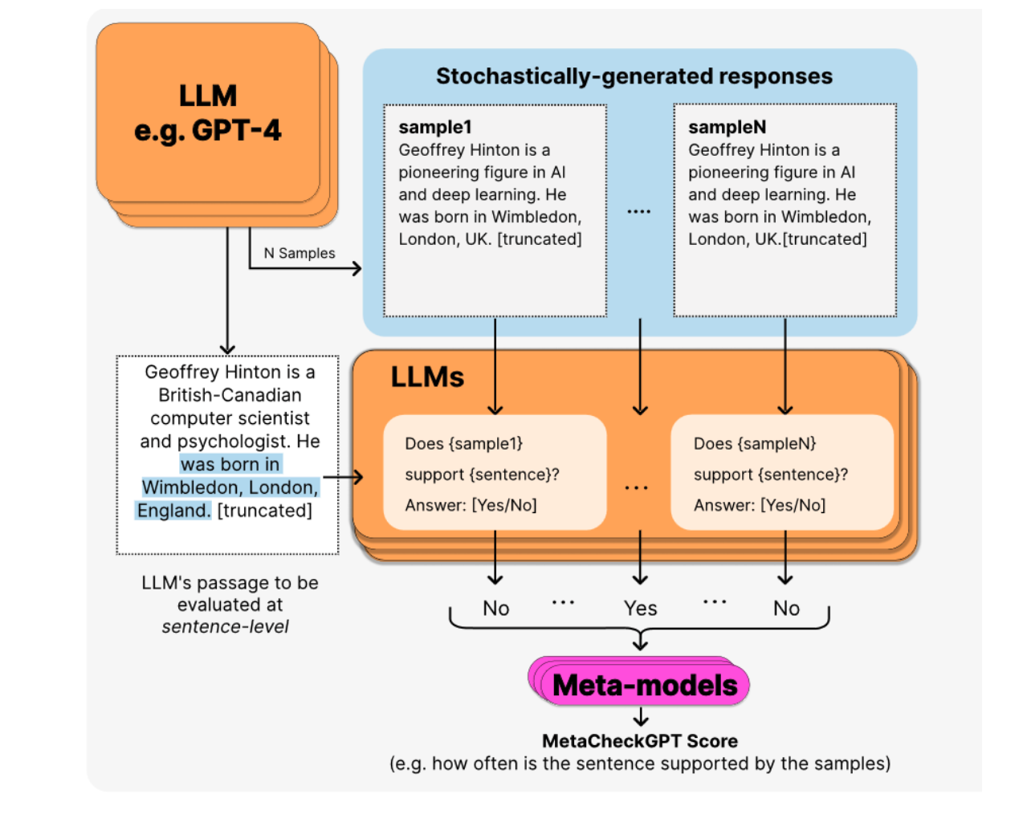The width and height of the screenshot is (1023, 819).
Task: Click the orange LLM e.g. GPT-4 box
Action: (208, 113)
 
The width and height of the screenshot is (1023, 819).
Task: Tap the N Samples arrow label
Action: (300, 253)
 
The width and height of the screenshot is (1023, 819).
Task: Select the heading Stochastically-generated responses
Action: (634, 76)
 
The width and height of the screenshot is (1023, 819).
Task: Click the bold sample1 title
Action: (435, 127)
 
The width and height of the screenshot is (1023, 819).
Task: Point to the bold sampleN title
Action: (727, 127)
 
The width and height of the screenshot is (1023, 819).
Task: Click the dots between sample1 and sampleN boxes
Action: (639, 211)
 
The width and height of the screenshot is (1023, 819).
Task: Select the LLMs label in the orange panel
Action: (427, 377)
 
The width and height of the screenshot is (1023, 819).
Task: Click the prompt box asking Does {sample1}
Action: (495, 473)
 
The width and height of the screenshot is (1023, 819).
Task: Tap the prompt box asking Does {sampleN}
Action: (782, 473)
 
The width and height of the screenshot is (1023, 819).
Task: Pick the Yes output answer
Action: (640, 609)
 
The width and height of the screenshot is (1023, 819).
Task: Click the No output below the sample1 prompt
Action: (495, 609)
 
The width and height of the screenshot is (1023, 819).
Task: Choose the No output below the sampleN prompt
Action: (786, 609)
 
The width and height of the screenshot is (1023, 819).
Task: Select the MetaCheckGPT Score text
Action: (640, 741)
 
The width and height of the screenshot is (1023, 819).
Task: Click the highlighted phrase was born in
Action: (230, 464)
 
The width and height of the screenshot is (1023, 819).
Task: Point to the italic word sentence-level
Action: (225, 627)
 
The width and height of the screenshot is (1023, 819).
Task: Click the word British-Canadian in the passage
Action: (230, 395)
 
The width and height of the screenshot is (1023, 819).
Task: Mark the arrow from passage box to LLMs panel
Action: (344, 477)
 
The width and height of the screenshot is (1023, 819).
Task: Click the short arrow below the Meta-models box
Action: (641, 717)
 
